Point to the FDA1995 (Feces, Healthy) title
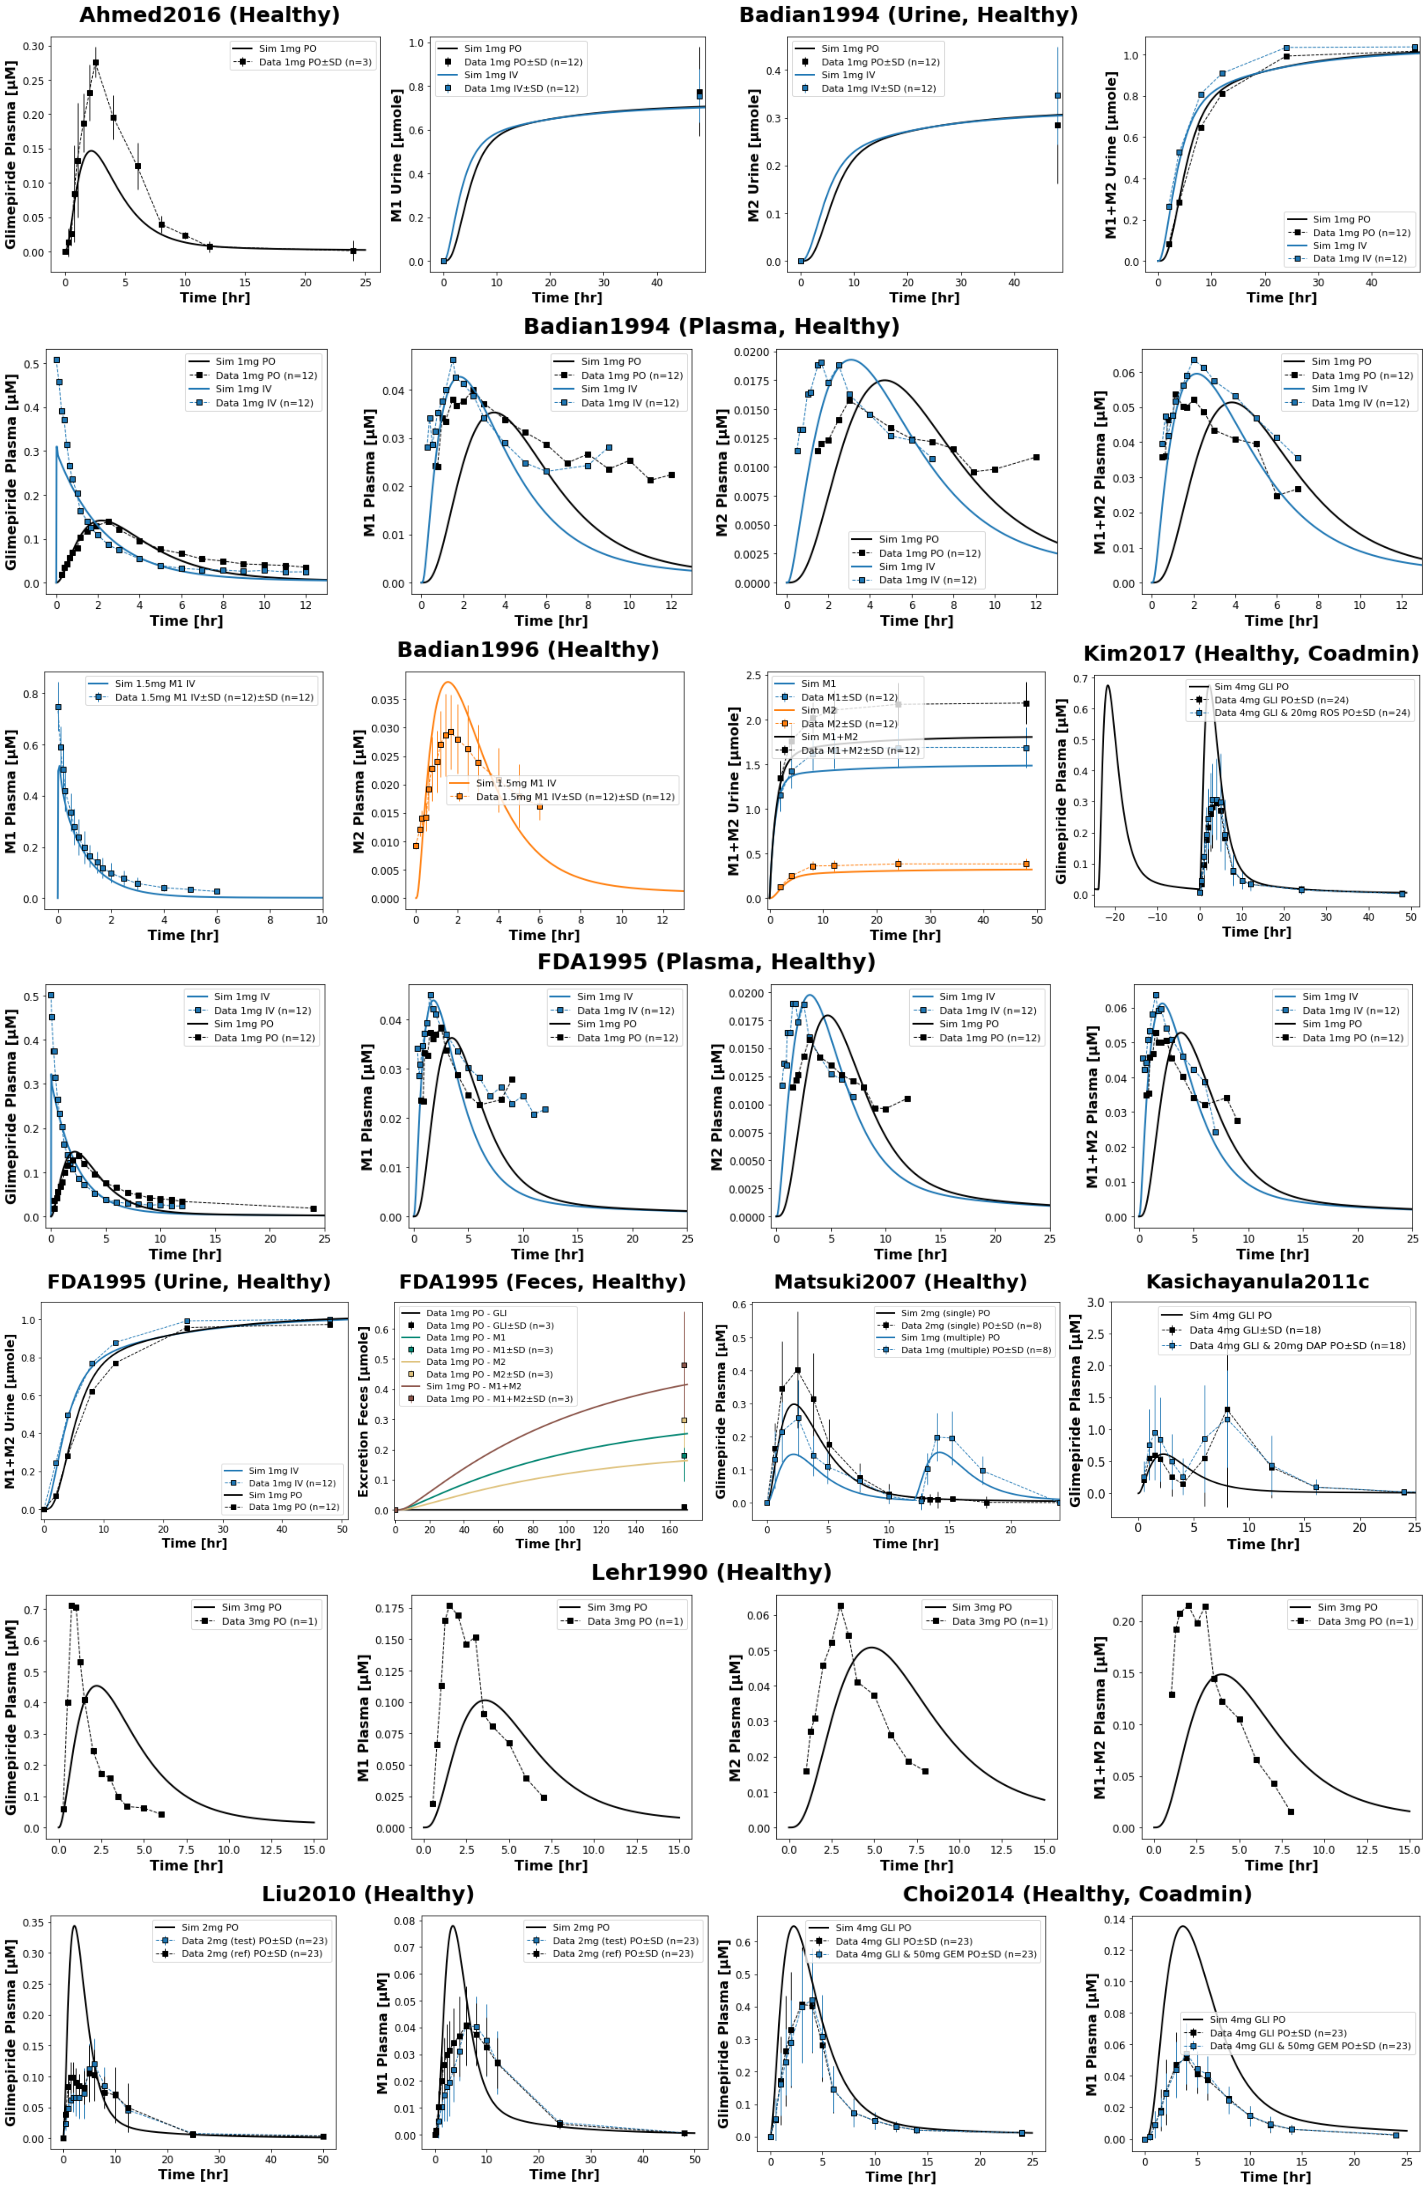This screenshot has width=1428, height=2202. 542,1282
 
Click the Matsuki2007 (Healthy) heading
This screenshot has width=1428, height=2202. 900,1282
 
